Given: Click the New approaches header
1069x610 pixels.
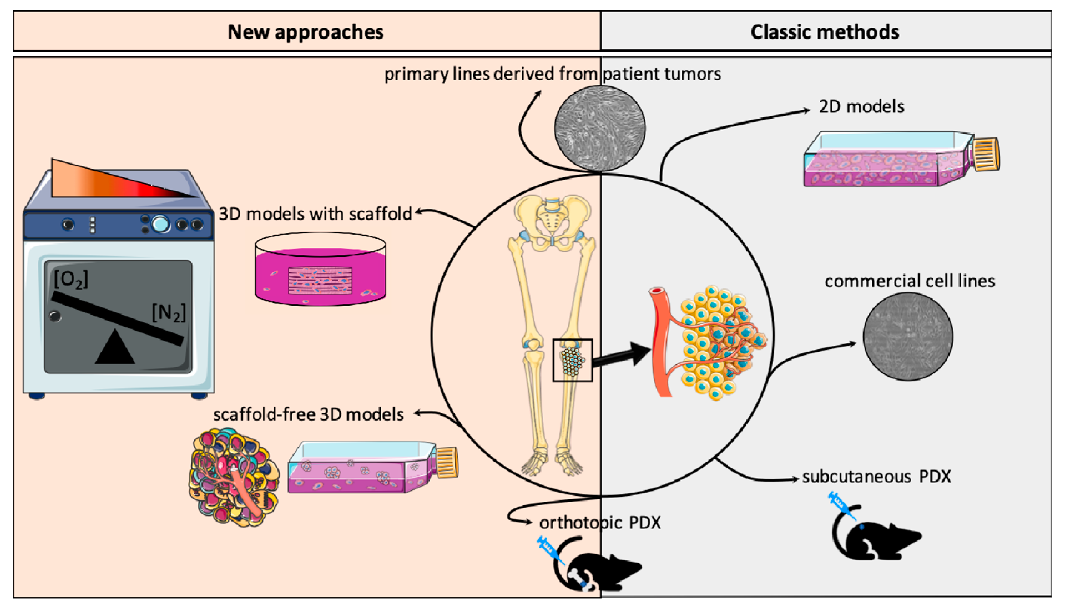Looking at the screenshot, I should click(x=305, y=32).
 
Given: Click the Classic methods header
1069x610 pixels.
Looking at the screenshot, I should click(x=824, y=32).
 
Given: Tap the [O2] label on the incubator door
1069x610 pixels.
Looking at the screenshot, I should click(x=71, y=279).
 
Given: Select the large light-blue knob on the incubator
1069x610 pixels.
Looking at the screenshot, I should click(x=160, y=224).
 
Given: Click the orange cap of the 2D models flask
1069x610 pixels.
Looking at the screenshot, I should click(x=987, y=154).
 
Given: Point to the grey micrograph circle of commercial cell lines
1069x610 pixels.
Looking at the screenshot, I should click(x=908, y=336).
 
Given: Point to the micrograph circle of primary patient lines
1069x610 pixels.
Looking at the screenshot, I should click(x=599, y=128).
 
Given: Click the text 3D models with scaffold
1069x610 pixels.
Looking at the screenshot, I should click(x=315, y=214).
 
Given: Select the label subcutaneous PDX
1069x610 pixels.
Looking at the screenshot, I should click(x=876, y=477).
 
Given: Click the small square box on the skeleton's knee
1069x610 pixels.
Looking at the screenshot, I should click(x=572, y=360).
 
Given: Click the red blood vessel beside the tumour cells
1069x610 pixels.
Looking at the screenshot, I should click(x=660, y=339).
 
